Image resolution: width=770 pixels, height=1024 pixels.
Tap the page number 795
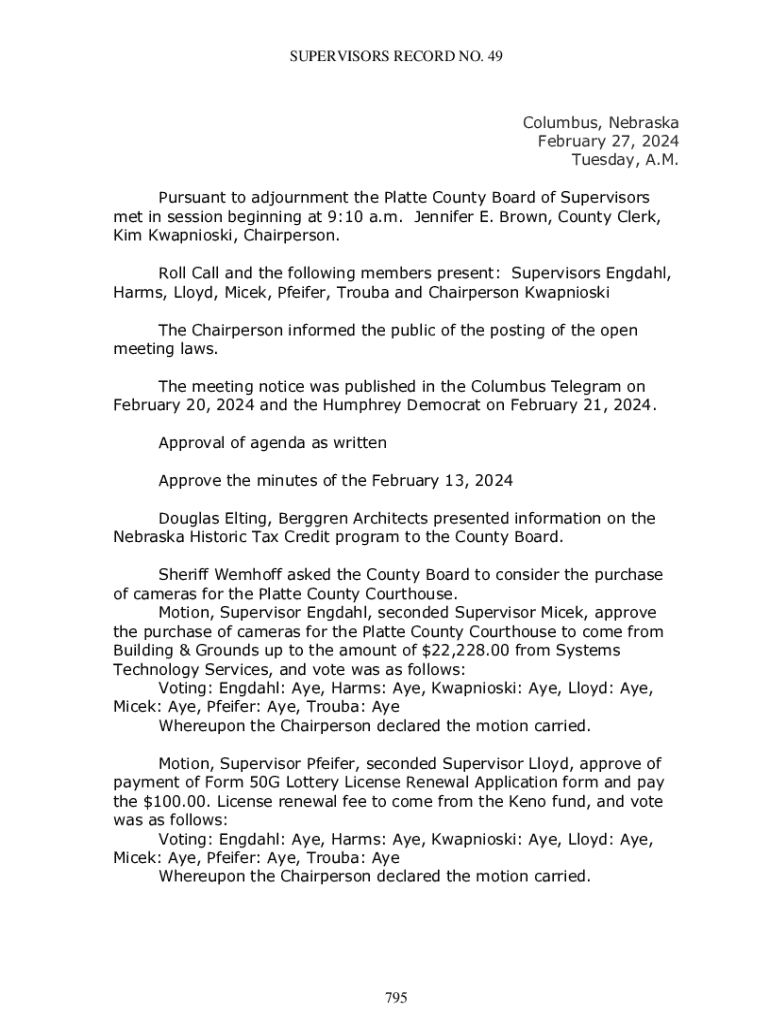pos(396,997)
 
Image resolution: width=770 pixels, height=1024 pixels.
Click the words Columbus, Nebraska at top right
pos(601,123)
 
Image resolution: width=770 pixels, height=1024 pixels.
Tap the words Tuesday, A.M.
pos(625,160)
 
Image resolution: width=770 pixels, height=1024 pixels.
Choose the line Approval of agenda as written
pos(272,442)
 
